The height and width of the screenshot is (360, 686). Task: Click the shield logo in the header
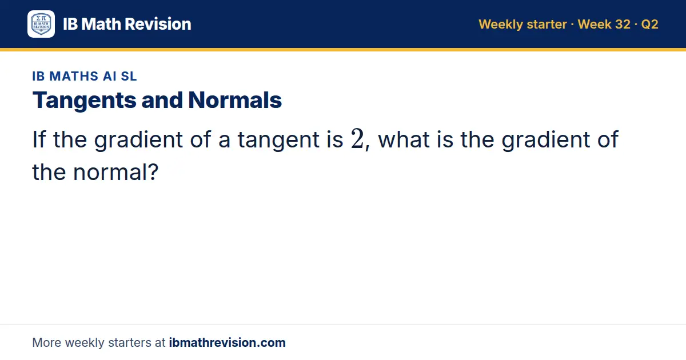point(41,24)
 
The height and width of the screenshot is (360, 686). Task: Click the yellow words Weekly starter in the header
point(523,25)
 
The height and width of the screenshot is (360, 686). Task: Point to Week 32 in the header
point(604,25)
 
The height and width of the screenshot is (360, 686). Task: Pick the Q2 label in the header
point(649,25)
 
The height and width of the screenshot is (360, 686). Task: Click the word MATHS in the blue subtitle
point(74,76)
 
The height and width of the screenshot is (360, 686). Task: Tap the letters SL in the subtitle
point(129,76)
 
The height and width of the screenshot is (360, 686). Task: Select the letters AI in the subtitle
point(109,76)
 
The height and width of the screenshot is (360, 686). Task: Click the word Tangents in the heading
point(84,101)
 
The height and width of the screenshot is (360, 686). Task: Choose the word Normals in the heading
point(235,100)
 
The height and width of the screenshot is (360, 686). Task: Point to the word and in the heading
point(162,100)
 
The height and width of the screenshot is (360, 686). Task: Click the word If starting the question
point(39,139)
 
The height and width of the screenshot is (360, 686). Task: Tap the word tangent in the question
point(278,140)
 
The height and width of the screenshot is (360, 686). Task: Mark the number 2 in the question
point(357,139)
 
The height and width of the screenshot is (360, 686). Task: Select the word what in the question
point(404,139)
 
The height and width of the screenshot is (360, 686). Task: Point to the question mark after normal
point(152,172)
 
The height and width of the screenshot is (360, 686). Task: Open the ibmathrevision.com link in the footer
point(228,342)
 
